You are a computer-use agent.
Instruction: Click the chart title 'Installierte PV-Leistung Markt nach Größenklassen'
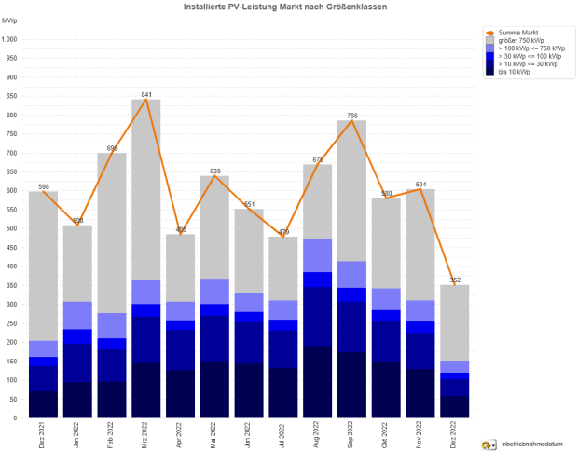tap(281, 7)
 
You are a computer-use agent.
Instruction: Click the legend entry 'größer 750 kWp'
tap(522, 40)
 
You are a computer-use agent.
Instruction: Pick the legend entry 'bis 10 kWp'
tap(514, 72)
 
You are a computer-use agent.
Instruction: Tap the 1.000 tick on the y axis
tap(10, 39)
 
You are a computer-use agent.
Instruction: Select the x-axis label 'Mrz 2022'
tap(146, 436)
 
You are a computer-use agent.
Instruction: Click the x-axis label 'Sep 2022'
tap(352, 436)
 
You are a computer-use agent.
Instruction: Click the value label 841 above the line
tap(146, 94)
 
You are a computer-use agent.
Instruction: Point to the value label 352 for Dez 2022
tap(456, 280)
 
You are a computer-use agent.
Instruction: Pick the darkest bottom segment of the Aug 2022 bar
tap(318, 382)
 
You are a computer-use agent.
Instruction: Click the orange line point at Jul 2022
tap(283, 237)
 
